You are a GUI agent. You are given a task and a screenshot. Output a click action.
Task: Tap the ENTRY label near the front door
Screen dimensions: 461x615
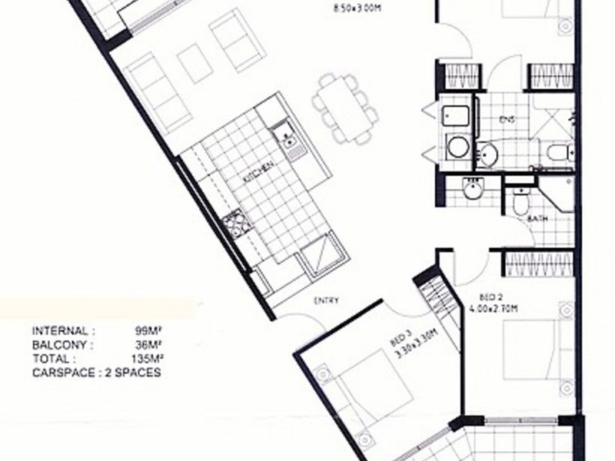click(x=326, y=300)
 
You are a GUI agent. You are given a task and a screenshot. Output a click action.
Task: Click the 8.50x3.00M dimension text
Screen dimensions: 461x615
click(x=357, y=9)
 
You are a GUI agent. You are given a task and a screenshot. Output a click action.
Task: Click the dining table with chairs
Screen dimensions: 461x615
click(x=344, y=108)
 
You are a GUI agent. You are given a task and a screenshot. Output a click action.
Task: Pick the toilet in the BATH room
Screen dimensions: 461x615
click(x=520, y=202)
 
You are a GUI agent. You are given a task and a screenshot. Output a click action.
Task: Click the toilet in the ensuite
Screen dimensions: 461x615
click(x=558, y=151)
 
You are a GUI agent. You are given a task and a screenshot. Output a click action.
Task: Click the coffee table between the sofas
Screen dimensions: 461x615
click(x=194, y=62)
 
